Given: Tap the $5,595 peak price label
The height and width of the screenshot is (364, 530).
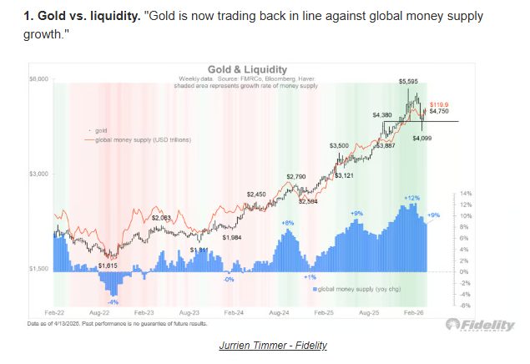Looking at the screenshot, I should coord(409,82).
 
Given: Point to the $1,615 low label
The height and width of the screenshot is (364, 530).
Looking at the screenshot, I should coord(109,265).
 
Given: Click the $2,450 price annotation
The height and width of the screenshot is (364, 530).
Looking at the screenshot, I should coord(256,194).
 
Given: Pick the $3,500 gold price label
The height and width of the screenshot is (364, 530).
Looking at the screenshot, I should coord(341,145).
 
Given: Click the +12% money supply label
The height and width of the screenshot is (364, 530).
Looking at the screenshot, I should coord(411,198).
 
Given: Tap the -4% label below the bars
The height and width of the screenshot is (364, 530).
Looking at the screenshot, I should coord(112,301).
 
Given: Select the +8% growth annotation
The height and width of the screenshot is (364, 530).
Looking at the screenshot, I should coord(288,223).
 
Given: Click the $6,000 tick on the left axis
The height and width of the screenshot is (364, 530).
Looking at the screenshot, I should coord(40,78).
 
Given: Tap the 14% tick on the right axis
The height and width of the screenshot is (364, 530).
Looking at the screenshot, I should coord(457,193).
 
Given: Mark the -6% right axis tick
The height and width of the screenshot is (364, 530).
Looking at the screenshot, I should coord(456,306).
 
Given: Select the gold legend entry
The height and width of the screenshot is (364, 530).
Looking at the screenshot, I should coord(101,131).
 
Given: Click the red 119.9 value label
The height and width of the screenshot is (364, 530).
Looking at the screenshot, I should coord(439,101).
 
